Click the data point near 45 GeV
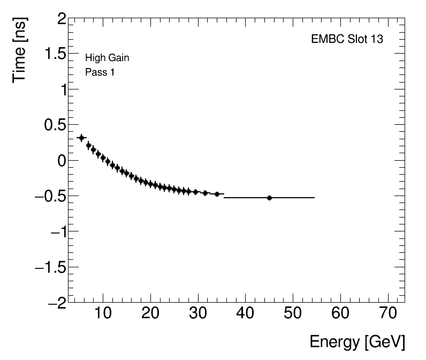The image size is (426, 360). [269, 198]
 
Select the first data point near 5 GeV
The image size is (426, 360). [81, 138]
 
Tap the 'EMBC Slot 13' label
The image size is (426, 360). [347, 39]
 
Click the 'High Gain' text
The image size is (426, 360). [107, 58]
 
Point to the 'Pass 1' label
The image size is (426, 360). [100, 72]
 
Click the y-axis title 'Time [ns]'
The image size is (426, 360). [20, 51]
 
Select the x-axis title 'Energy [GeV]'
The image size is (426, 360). [357, 342]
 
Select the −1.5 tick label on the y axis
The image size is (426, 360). [50, 267]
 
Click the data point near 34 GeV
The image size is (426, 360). [217, 194]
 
